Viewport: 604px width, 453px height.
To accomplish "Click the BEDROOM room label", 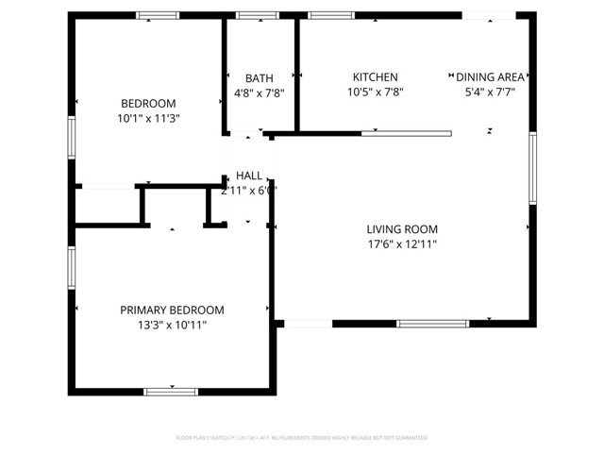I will coord(148,103).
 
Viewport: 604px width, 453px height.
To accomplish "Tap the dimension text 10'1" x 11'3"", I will coord(148,119).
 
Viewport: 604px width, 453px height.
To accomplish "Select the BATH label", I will coord(260,78).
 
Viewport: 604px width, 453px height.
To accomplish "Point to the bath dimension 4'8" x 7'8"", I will coord(260,93).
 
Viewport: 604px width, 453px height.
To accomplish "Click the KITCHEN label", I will coord(376,77).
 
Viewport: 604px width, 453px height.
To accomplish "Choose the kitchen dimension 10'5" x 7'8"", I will coord(376,92).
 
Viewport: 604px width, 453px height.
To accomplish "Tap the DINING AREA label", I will coord(490,77).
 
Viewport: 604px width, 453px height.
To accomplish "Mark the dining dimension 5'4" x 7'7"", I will coord(490,92).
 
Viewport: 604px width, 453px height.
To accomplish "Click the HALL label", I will coord(249,176).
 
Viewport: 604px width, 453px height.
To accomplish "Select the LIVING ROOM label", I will coord(402,228).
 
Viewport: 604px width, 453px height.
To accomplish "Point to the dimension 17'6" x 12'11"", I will coord(402,244).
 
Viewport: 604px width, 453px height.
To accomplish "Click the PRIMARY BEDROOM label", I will coord(172,310).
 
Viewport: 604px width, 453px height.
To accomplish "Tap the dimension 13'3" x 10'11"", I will coord(172,326).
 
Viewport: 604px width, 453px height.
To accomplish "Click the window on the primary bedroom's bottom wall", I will coord(171,391).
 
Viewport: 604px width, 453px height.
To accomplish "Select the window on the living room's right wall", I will coord(532,168).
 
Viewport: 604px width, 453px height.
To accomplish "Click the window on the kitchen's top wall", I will coord(332,15).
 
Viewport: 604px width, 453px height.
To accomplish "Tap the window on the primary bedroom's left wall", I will coord(71,267).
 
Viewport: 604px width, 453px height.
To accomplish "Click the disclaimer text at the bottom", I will coord(302,438).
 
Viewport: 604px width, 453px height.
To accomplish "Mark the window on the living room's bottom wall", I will coord(432,324).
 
